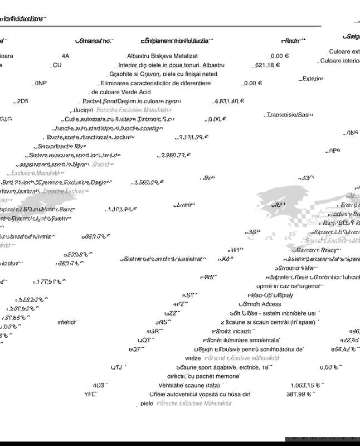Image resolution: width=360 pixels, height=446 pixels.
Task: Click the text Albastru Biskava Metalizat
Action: click(162, 56)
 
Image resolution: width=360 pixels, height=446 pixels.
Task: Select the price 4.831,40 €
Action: click(228, 101)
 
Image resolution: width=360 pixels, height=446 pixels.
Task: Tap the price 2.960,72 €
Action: click(174, 156)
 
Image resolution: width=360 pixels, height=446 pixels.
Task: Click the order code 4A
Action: click(66, 56)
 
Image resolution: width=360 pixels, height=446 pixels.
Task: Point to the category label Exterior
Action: click(313, 79)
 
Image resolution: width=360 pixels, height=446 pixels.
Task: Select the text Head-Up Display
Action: click(270, 295)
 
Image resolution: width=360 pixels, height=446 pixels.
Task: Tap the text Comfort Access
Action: click(261, 304)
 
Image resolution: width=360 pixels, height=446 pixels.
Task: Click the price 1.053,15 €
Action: click(306, 385)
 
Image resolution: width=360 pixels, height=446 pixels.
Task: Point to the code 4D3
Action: click(99, 385)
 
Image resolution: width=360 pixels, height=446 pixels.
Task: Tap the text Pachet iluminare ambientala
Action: click(241, 340)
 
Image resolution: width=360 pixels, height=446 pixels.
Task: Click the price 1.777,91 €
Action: click(49, 282)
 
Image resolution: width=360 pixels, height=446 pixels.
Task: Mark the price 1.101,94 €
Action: click(120, 210)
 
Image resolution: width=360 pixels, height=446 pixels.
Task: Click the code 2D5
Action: click(22, 101)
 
